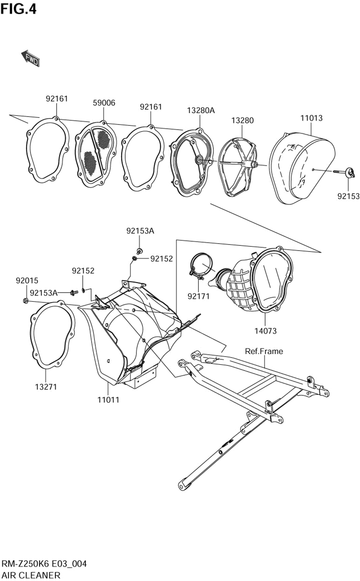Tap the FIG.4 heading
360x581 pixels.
click(18, 9)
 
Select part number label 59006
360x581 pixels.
click(104, 103)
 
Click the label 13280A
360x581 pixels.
click(201, 111)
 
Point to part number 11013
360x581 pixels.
click(311, 118)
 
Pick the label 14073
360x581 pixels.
click(265, 331)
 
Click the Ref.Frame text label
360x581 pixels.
click(264, 351)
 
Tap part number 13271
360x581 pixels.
click(46, 387)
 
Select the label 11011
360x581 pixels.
click(108, 399)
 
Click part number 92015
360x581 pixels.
click(27, 281)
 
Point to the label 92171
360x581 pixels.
click(198, 296)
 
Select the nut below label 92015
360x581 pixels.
click(26, 301)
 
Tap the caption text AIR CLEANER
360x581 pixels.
click(31, 575)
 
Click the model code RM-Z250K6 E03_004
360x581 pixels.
click(44, 564)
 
